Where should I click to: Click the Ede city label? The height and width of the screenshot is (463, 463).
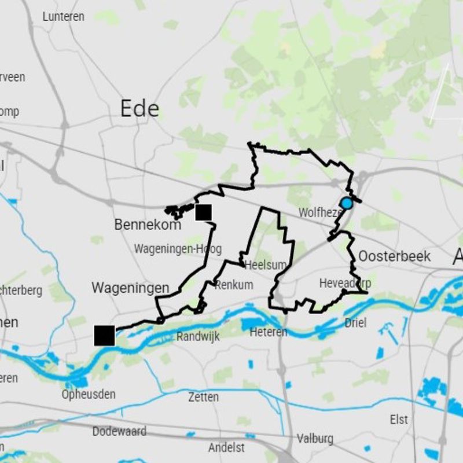pos(139,108)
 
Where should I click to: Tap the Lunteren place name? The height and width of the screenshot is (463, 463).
pos(63,17)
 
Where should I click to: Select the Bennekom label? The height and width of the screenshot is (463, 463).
pos(148,225)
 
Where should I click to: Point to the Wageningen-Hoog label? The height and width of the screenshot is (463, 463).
pos(178,249)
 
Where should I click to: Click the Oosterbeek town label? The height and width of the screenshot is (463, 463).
pos(394,256)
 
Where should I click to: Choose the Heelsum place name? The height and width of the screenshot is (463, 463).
pos(266,266)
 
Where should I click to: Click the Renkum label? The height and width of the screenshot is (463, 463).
pos(234,285)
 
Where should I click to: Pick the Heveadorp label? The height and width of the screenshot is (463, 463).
pos(345,284)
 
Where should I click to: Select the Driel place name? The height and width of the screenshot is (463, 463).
pos(355,323)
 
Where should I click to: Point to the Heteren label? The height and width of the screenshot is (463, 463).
pos(269,332)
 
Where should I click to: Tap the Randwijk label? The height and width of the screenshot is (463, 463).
pos(198,337)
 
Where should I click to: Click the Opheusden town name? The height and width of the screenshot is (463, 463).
pos(89,395)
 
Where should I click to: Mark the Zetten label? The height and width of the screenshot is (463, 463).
pos(203,397)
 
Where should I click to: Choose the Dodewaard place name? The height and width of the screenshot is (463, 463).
pos(119,432)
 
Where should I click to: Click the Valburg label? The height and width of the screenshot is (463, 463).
pos(315,438)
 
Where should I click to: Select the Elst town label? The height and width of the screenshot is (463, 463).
pos(399,420)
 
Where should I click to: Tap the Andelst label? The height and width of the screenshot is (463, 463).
pos(226,447)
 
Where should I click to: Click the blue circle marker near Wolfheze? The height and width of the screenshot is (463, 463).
pos(346,203)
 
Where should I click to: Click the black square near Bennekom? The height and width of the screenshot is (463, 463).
pos(203,212)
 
